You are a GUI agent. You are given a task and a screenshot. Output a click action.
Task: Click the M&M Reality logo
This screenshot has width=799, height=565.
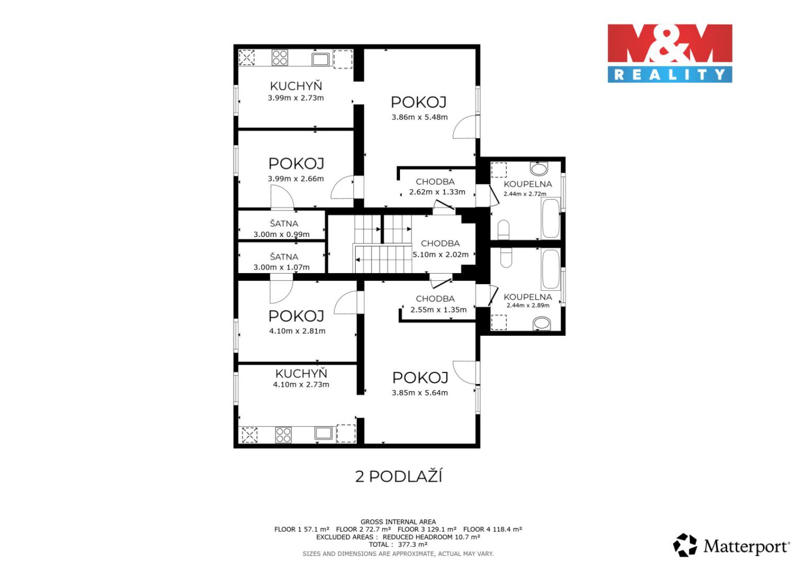(670, 53)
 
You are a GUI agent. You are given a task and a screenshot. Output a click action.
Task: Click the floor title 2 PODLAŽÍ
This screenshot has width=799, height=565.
(398, 477)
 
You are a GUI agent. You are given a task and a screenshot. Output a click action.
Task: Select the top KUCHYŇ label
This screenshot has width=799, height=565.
(295, 86)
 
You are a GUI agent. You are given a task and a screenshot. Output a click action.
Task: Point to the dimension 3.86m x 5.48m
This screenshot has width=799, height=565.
(419, 117)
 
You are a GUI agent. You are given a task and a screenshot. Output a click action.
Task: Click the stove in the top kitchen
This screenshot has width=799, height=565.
(280, 58)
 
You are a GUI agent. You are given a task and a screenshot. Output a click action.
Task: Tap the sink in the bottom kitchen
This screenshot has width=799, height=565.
(324, 433)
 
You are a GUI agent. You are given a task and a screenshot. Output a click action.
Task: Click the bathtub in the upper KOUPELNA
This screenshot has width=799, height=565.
(551, 218)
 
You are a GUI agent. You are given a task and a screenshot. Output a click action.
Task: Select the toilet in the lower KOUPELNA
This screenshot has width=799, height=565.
(506, 257)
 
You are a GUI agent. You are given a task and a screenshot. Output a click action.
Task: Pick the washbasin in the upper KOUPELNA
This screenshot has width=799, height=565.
(539, 168)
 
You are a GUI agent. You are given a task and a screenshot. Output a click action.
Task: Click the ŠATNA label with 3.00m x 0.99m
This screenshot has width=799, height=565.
(284, 223)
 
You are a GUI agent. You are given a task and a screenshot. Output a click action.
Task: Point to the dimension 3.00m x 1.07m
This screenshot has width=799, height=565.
(281, 267)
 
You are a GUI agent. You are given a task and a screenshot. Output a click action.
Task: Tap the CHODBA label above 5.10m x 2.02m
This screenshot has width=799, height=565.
(440, 243)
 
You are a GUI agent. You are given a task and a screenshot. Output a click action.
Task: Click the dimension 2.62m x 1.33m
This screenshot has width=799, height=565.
(437, 192)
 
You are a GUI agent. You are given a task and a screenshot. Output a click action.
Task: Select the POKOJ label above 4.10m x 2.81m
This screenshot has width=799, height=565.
(296, 316)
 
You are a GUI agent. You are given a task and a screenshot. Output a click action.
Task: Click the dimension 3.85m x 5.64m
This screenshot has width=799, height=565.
(420, 393)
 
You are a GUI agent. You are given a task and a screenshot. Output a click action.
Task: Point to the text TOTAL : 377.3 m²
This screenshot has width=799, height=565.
(398, 545)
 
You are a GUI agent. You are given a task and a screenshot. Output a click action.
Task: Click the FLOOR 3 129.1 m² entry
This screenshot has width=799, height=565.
(427, 529)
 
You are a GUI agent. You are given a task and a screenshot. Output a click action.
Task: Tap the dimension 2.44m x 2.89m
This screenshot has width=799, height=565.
(528, 306)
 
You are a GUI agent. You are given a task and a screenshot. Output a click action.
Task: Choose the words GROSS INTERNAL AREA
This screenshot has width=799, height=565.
(398, 522)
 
